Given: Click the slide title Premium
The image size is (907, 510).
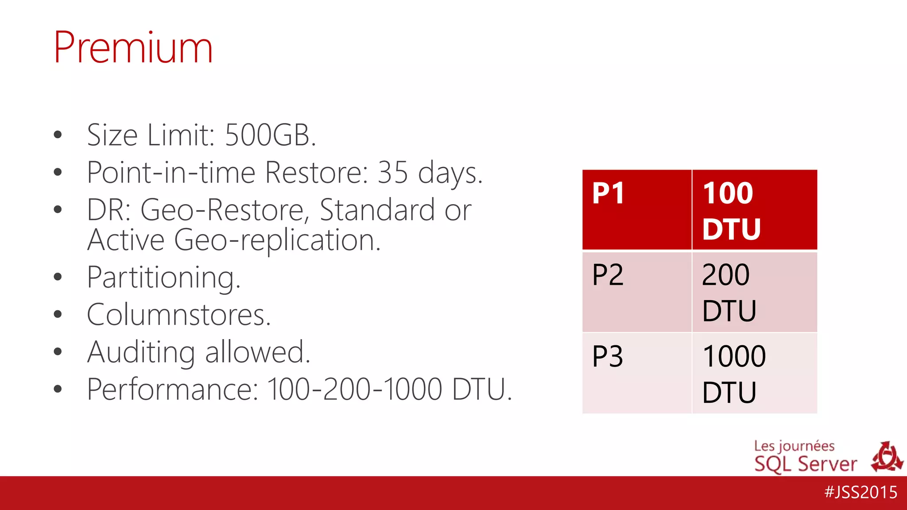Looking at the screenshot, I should coord(133,47).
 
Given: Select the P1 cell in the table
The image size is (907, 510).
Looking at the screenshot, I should coord(636,210).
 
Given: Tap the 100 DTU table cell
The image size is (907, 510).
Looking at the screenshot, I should coord(754,210).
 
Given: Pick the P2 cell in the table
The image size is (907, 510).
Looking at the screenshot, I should coord(636,292).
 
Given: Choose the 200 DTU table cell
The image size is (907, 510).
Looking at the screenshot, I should coord(754,292).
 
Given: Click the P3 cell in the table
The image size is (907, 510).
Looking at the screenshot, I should coord(636,373).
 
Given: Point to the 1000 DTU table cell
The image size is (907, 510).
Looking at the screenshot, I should coord(754,373).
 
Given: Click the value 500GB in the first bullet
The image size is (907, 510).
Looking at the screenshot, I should coord(270,135).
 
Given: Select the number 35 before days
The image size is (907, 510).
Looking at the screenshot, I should coord(392,172).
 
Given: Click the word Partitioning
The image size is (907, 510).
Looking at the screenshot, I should coord(163,278).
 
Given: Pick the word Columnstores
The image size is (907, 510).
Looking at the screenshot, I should coord(178,315).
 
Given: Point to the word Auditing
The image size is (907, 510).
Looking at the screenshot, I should coord(141,352).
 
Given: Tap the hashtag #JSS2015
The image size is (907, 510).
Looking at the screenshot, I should coord(860,492).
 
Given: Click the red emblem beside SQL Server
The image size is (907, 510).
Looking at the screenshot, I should coord(887,457).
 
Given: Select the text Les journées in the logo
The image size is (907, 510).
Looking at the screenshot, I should coord(794,446).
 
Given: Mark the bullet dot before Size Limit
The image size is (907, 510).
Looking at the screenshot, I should coord(58,135).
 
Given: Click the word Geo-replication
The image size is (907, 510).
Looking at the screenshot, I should coord(277,240).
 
